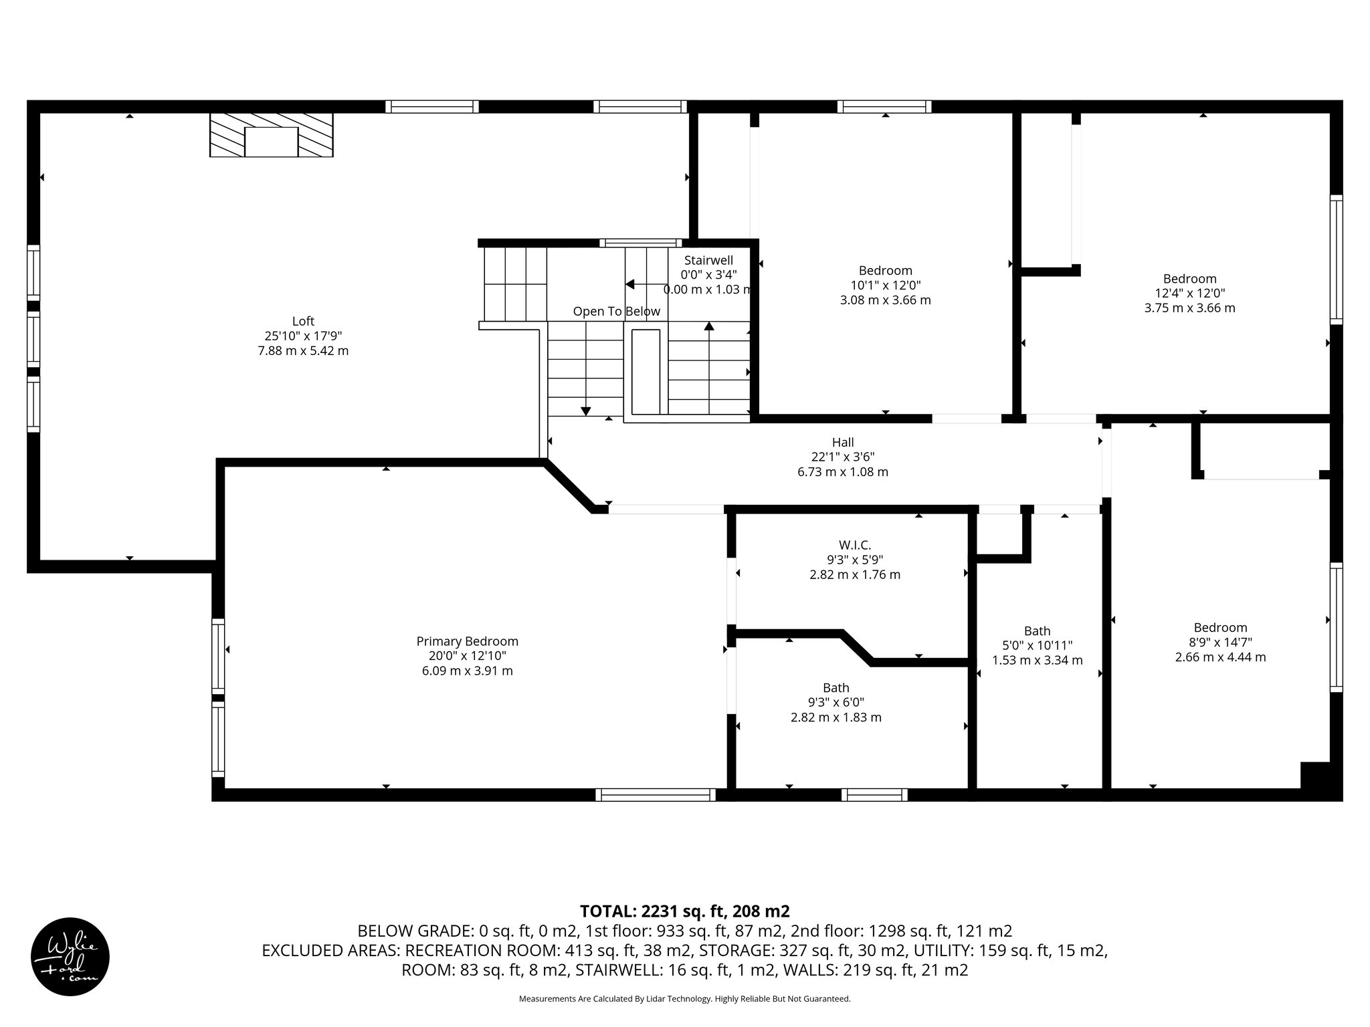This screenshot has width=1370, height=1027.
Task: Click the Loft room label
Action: (x=303, y=321)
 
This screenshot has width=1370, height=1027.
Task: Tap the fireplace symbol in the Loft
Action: (x=271, y=135)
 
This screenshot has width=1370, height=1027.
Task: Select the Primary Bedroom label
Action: (x=467, y=641)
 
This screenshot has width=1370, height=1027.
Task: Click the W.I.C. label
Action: (x=855, y=545)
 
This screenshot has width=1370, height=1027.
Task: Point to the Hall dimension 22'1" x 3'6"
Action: (x=843, y=457)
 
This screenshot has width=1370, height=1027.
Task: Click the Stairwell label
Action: (x=708, y=260)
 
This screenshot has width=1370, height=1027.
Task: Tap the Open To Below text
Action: (x=616, y=312)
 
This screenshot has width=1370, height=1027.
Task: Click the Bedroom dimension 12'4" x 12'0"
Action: (x=1189, y=293)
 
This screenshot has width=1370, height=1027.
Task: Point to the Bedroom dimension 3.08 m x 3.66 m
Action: (x=885, y=300)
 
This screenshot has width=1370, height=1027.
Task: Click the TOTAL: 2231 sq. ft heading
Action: (x=684, y=911)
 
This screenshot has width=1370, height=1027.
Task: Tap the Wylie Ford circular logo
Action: (x=70, y=956)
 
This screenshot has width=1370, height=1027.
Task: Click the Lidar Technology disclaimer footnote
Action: (x=684, y=999)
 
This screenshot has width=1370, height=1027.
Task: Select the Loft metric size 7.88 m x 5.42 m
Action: (x=303, y=350)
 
